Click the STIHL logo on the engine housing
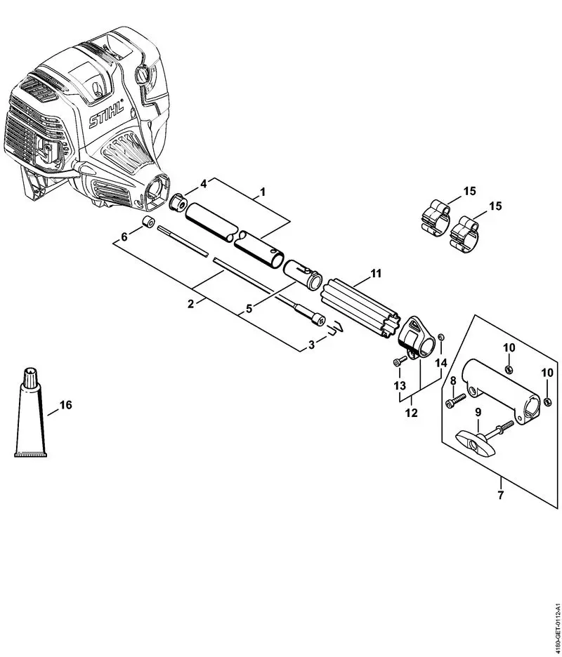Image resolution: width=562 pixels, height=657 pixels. (106, 114)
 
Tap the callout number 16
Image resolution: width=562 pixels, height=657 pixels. (66, 405)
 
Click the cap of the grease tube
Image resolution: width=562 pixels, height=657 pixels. (32, 378)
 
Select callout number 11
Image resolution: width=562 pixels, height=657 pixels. (376, 272)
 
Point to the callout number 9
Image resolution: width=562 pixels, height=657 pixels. (478, 412)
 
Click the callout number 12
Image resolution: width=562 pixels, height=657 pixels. (412, 413)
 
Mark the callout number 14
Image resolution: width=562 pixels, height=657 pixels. (440, 363)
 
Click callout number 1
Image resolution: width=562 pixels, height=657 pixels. (263, 191)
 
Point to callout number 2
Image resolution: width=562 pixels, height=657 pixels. (190, 303)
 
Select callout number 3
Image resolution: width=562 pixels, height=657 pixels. (311, 345)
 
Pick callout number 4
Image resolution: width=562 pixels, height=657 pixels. (203, 184)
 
